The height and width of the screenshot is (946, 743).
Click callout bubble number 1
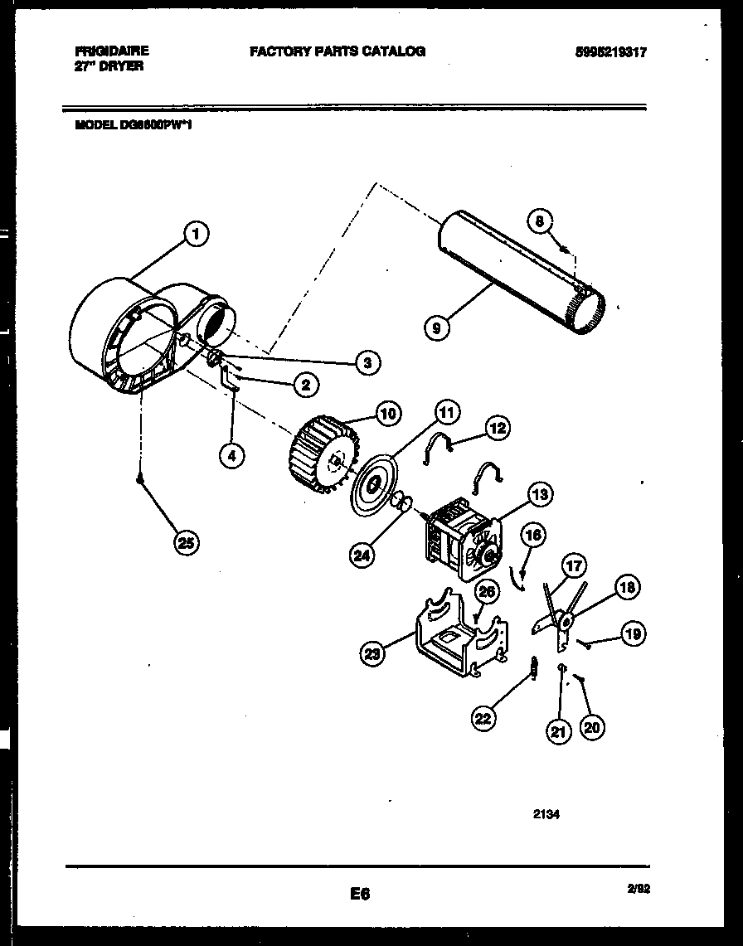click(196, 235)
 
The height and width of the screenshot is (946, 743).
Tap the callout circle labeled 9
click(436, 327)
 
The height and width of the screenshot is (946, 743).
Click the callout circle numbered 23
click(374, 655)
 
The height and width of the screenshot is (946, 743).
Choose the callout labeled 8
click(539, 221)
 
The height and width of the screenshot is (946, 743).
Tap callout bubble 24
click(362, 556)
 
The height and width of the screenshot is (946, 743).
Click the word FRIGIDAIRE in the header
click(112, 51)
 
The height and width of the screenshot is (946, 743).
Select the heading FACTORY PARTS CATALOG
click(338, 51)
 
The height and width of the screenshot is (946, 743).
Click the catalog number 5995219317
click(609, 51)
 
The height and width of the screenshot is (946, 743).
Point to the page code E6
click(359, 894)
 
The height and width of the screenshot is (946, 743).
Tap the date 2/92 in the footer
click(639, 888)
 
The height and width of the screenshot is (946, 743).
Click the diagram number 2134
click(546, 814)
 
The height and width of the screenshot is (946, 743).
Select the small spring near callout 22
click(535, 664)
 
